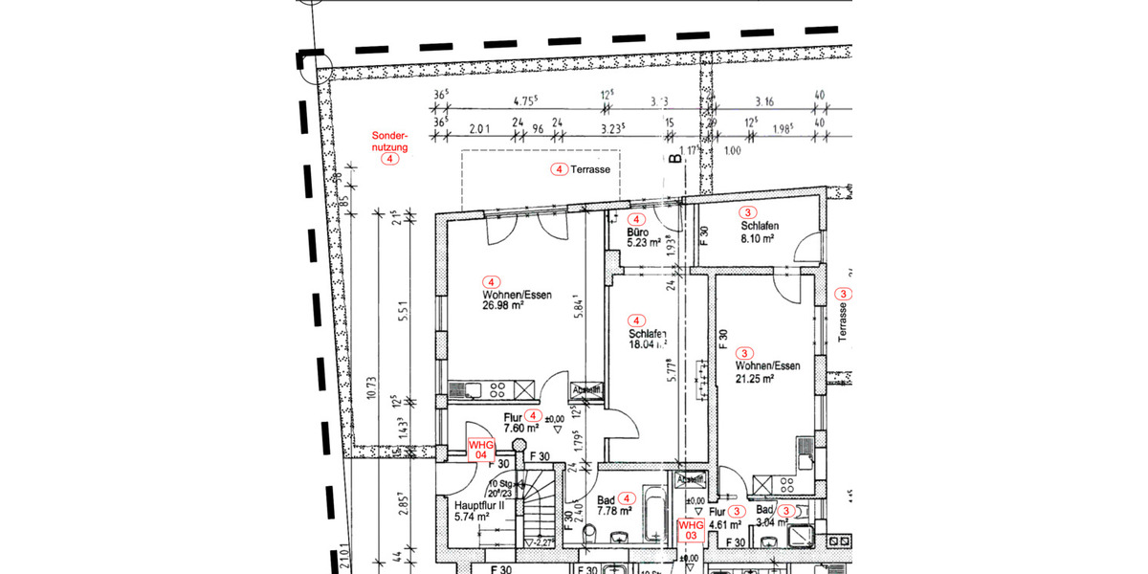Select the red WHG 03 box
tap(690, 530)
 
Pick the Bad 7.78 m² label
tap(612, 504)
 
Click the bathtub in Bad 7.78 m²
tap(653, 512)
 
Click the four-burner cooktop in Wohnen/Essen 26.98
tap(497, 388)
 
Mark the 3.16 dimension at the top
tap(763, 100)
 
